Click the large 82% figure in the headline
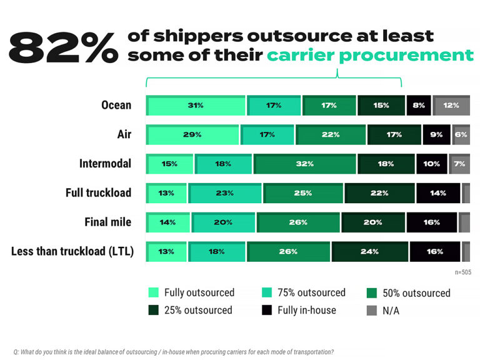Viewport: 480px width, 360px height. [62, 47]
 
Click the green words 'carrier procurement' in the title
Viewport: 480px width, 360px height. [370, 55]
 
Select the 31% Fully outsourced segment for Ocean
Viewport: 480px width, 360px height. [196, 106]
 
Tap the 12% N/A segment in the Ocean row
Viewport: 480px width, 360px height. [451, 106]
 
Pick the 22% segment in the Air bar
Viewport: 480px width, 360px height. [331, 135]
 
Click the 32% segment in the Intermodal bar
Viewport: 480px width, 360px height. [305, 164]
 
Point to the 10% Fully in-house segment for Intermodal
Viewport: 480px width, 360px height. [432, 164]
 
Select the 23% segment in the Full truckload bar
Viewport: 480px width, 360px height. [225, 193]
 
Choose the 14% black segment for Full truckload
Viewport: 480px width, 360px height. [438, 193]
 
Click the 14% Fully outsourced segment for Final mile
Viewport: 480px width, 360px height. [168, 222]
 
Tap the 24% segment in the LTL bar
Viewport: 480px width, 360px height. [370, 252]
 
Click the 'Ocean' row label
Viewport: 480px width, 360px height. [116, 105]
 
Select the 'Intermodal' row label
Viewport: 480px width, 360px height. [105, 164]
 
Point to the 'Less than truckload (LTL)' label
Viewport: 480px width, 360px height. [72, 252]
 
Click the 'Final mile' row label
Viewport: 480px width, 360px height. [107, 222]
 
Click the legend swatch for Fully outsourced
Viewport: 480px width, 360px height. [154, 292]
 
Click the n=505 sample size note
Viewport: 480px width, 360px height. [462, 272]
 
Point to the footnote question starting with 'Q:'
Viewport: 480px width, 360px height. [174, 351]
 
